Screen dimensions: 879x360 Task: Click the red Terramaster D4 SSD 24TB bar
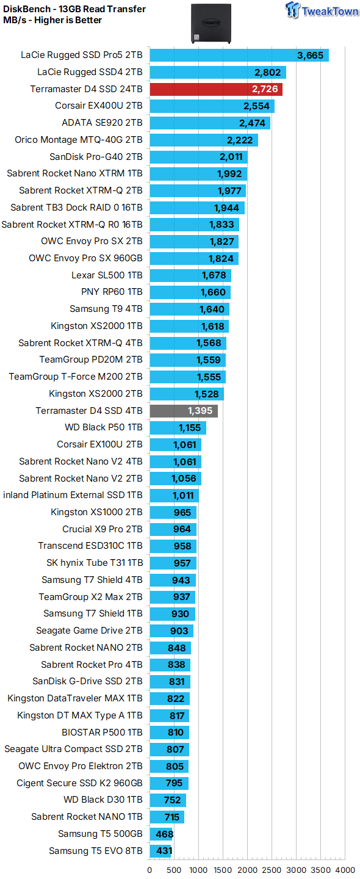[x=215, y=90]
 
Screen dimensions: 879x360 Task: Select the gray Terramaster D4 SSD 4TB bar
[x=183, y=411]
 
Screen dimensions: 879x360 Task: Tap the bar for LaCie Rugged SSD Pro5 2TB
[x=239, y=56]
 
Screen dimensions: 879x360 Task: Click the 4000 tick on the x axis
[x=345, y=870]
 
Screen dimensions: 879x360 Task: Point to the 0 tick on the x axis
[x=149, y=870]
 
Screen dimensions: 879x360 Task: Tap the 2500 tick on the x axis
[x=272, y=870]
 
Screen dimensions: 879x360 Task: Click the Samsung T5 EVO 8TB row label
[x=96, y=850]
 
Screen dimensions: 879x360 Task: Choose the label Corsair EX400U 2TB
[x=99, y=106]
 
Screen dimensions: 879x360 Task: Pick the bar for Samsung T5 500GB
[x=161, y=834]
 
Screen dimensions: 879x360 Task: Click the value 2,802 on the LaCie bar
[x=268, y=73]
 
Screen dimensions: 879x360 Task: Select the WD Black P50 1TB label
[x=104, y=427]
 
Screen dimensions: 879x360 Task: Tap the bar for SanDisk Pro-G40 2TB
[x=198, y=157]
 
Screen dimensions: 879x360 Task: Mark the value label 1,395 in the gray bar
[x=201, y=411]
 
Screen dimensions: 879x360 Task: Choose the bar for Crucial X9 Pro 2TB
[x=173, y=529]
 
